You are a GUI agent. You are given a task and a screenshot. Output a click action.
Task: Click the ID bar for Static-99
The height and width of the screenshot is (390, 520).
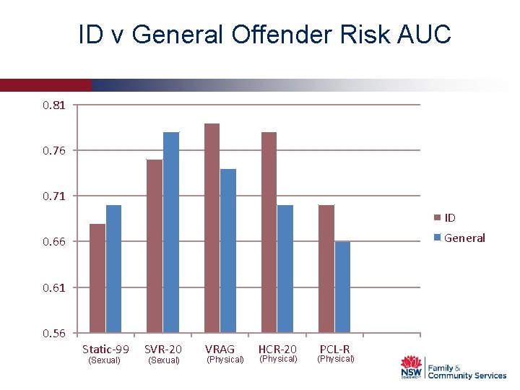tap(97, 278)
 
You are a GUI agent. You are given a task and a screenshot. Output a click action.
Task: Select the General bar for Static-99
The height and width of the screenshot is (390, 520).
tap(113, 269)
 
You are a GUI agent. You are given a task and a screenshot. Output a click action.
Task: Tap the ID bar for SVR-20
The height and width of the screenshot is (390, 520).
tap(155, 246)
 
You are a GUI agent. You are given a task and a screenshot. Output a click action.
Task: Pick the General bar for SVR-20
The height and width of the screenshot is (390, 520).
tap(171, 232)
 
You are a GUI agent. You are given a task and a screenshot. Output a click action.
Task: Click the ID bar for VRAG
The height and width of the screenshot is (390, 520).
tap(212, 227)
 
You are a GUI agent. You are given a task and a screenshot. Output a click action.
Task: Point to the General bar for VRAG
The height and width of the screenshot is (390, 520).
tap(228, 251)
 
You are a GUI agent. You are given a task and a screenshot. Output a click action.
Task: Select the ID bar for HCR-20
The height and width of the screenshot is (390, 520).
tap(269, 232)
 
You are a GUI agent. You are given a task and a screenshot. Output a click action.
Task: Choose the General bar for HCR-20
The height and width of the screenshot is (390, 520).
tap(285, 269)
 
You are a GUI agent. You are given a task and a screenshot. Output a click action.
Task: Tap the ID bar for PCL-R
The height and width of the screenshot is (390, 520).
tap(326, 269)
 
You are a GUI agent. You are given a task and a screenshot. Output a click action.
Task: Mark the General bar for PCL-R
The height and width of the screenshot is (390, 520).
tap(342, 287)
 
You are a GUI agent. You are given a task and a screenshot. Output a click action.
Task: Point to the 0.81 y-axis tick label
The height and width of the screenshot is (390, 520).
tap(54, 105)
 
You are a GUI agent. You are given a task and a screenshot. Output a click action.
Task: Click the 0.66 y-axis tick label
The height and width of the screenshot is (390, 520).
tap(54, 242)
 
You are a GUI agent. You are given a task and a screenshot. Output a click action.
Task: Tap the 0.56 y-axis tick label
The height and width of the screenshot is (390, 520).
tap(54, 333)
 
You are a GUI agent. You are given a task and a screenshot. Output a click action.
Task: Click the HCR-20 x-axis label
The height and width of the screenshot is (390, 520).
tap(277, 349)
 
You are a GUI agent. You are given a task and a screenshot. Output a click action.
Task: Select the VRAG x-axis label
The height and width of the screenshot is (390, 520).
tap(220, 349)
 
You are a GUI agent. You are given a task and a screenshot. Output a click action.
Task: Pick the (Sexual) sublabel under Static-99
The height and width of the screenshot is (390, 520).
tap(104, 360)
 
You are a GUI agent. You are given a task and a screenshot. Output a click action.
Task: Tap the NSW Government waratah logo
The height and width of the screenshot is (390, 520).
tap(412, 367)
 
